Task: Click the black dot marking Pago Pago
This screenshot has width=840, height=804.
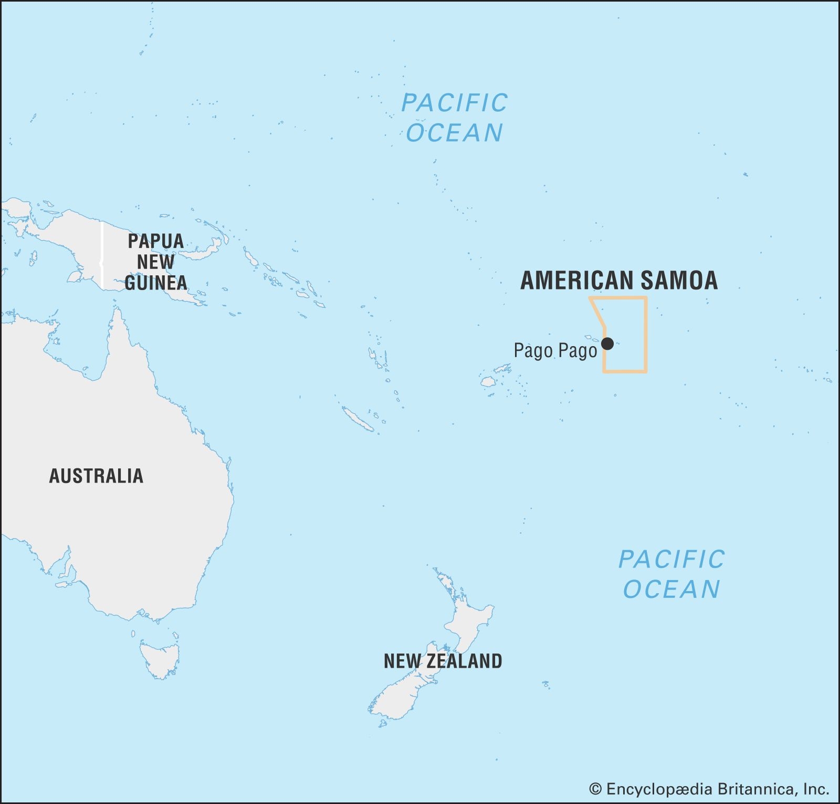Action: (x=607, y=344)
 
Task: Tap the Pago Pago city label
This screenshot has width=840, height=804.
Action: (x=555, y=350)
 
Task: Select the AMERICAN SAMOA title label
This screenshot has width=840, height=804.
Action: (x=619, y=280)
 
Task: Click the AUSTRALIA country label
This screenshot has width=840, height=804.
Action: (x=96, y=476)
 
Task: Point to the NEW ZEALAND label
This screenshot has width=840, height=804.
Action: (x=443, y=661)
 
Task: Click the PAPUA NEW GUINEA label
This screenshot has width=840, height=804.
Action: (x=156, y=262)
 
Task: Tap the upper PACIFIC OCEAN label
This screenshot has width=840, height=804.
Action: (x=455, y=117)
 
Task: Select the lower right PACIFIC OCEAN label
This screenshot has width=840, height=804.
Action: (x=671, y=574)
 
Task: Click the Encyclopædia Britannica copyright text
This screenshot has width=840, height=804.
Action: (x=709, y=789)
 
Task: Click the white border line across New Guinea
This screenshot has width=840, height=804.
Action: (x=102, y=257)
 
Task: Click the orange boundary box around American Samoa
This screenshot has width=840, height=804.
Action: (x=646, y=336)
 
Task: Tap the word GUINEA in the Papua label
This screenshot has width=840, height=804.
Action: (x=156, y=283)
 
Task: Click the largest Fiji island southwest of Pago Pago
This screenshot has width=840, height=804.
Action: (x=488, y=381)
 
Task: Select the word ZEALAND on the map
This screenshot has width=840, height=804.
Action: (x=464, y=661)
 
